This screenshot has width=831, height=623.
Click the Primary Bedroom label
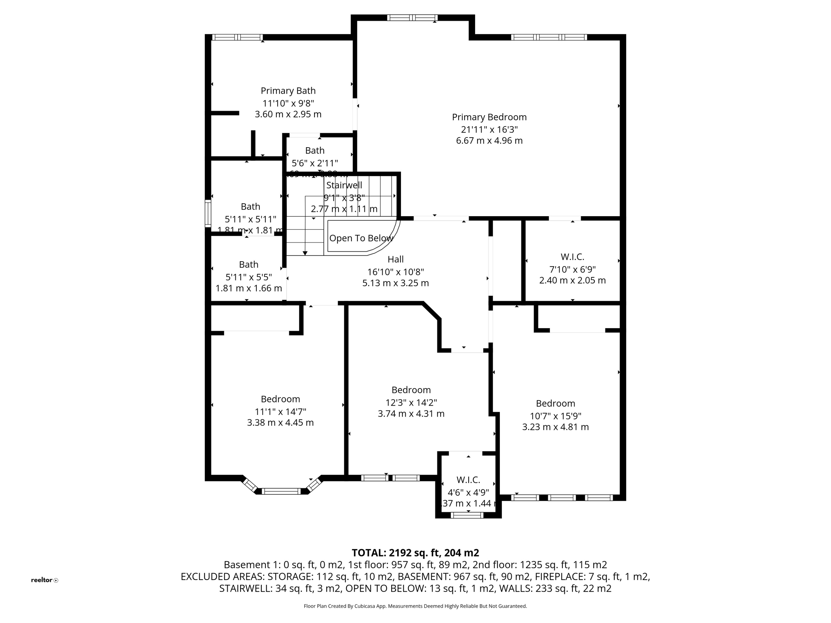(x=489, y=117)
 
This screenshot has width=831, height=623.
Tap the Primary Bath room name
(x=288, y=91)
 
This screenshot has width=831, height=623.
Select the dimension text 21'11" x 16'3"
(x=489, y=129)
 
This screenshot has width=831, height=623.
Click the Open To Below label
(x=361, y=238)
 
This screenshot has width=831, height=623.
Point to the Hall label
(x=395, y=259)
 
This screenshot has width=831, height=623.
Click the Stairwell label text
(x=344, y=185)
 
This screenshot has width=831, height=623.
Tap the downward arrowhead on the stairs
(x=305, y=253)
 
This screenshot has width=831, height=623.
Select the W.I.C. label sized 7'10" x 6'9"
(x=572, y=257)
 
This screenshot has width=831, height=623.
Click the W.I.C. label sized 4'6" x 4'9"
(x=468, y=480)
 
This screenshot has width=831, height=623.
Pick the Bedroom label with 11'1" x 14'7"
(x=280, y=399)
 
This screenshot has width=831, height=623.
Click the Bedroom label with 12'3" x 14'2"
(x=411, y=390)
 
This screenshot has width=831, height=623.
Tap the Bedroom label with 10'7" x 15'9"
(x=555, y=404)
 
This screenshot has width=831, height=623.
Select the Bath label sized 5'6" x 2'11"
(x=314, y=150)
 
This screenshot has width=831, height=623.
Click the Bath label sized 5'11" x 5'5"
(x=248, y=264)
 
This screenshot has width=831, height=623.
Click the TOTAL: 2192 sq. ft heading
(x=415, y=553)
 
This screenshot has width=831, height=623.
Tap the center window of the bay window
(x=281, y=491)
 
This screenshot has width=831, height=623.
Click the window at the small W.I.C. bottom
(x=467, y=515)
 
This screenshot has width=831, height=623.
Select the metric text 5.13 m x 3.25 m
(x=395, y=283)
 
